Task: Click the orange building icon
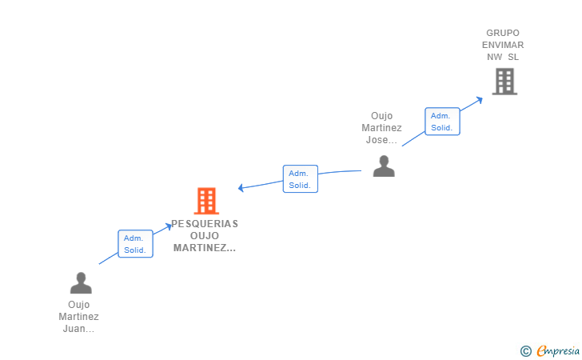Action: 206,201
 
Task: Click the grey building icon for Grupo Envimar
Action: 504,82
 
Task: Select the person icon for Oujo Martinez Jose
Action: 384,166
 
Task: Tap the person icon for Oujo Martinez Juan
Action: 81,282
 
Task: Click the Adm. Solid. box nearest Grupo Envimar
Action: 442,122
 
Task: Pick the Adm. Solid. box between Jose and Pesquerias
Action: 301,178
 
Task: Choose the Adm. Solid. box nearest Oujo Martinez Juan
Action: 135,244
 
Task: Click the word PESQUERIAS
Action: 205,224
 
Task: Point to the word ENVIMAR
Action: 503,45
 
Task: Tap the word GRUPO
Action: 503,33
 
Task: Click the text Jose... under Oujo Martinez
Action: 381,140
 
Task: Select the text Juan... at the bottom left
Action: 78,329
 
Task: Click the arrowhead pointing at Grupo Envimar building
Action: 479,100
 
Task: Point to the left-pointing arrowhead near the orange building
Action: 241,188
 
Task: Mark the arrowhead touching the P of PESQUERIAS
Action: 169,226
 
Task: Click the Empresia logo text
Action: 558,350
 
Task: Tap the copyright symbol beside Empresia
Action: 526,351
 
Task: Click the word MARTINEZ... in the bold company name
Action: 205,248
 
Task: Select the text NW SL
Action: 503,57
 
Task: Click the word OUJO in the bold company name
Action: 205,235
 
